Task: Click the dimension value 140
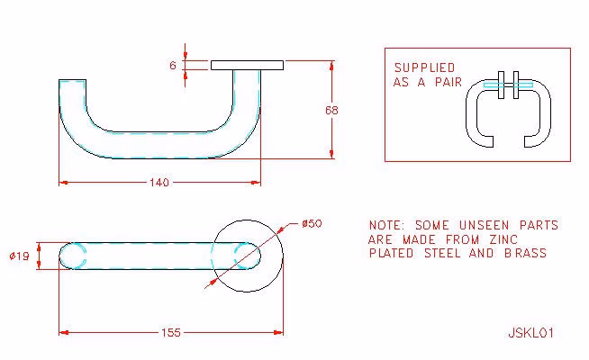(159, 183)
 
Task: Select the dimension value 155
(171, 333)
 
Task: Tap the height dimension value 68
(331, 110)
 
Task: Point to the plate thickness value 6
(173, 66)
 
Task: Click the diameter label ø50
(312, 224)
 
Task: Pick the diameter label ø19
(19, 256)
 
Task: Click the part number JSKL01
(530, 333)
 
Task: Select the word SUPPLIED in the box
(424, 67)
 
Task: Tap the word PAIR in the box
(449, 82)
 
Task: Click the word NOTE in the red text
(385, 225)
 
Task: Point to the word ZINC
(503, 239)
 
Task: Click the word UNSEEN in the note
(484, 225)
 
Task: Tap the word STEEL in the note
(442, 253)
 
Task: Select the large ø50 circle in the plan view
(283, 256)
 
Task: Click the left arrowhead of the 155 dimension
(63, 333)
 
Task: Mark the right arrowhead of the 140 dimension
(256, 183)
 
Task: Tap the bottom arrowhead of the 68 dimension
(331, 154)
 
